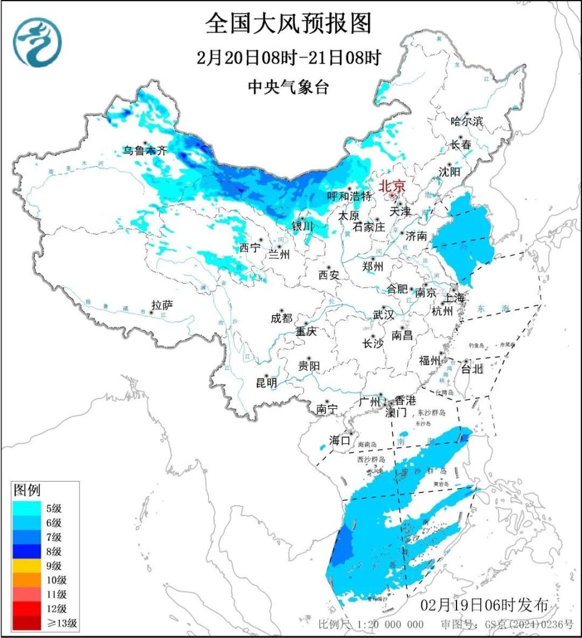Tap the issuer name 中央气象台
pos(289,87)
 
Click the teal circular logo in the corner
pos(38,42)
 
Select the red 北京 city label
pos(392,187)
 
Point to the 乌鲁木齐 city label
pos(145,151)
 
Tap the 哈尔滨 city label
pos(467,121)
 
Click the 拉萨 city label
pos(162,304)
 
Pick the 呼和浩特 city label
pos(349,196)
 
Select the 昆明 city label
pos(267,383)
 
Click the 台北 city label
pos(473,368)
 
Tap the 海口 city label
pos(340,440)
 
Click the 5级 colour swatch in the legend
pos(28,508)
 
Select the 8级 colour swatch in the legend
pos(28,551)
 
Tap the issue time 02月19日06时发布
pos(484,605)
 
